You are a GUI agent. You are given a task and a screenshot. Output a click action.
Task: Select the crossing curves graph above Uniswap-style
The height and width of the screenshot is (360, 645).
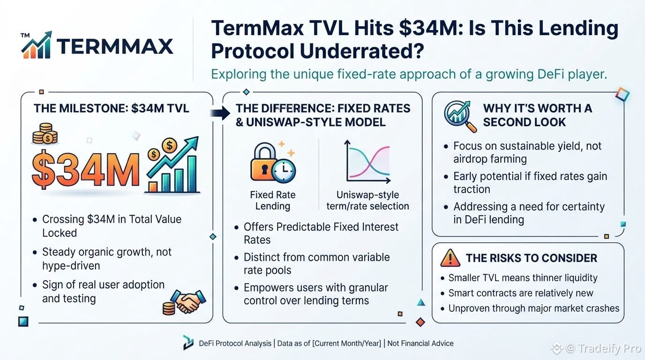click(x=367, y=162)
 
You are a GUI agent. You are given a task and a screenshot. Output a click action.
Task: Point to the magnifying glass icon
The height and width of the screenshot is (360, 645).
click(x=460, y=117)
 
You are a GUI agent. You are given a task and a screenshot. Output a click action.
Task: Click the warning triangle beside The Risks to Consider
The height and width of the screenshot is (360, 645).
click(x=450, y=258)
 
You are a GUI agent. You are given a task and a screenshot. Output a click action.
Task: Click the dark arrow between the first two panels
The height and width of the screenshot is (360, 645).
click(x=220, y=112)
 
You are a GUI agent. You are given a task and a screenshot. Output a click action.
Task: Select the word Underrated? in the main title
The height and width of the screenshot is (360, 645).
click(x=362, y=51)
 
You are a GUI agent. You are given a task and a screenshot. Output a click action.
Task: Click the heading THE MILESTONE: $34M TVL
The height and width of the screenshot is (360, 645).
click(x=111, y=109)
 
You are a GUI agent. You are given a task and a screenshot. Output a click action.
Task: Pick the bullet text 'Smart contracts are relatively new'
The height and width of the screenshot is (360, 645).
click(x=521, y=293)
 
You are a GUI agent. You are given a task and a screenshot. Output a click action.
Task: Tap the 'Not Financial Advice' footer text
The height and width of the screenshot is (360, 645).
click(x=420, y=343)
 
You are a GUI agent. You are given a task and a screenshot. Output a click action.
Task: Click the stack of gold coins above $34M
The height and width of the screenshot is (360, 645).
click(x=45, y=134)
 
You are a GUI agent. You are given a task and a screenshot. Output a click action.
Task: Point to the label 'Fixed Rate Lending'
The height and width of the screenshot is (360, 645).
click(x=273, y=201)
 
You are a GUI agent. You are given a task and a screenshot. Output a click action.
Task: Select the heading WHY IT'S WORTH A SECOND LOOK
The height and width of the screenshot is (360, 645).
click(x=538, y=115)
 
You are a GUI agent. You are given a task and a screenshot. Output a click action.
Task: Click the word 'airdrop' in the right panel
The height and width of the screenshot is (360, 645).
click(x=471, y=159)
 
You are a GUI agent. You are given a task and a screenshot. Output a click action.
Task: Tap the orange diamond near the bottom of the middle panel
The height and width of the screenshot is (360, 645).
click(x=420, y=322)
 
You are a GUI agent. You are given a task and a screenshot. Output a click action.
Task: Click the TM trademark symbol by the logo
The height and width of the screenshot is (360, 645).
click(x=25, y=36)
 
